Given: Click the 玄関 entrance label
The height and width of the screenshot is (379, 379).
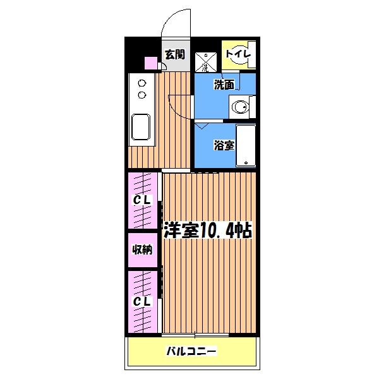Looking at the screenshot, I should coord(174,54).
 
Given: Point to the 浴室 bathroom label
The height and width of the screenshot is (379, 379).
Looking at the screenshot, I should coord(223,145).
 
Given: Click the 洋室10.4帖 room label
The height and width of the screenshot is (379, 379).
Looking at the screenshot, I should coord(208,231).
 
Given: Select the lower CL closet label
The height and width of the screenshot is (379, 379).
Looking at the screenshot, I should coord(142,301).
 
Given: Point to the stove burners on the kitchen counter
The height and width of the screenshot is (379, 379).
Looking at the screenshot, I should coord(141,89).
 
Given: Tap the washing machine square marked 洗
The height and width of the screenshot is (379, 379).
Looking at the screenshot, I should coord(204,62).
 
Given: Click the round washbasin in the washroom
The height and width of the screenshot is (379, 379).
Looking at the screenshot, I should coord(239,108).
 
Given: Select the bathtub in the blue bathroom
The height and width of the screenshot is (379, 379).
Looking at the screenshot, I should coord(246,145).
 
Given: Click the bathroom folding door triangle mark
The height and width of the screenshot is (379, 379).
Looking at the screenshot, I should coord(202,127).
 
